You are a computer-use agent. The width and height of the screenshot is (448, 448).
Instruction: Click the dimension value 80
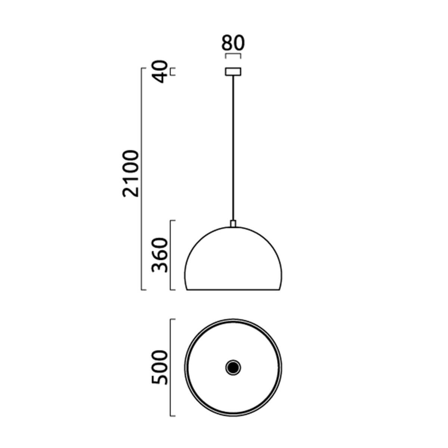[x=233, y=43]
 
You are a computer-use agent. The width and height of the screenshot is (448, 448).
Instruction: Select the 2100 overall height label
[x=132, y=173]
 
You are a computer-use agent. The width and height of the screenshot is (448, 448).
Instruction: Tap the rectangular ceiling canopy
[x=233, y=71]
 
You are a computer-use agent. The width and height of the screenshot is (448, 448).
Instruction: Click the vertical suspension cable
[x=233, y=149]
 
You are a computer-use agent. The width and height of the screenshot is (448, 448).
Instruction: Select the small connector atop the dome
[x=233, y=224]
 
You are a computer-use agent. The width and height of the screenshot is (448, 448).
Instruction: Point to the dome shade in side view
[x=233, y=261]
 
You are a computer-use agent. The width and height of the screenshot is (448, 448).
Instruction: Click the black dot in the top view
[x=233, y=368]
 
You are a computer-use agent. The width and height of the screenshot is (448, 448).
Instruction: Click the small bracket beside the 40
[x=173, y=72]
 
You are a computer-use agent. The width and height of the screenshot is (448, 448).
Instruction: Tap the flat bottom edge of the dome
[x=233, y=290]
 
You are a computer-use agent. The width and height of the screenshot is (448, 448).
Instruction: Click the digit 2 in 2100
[x=132, y=190]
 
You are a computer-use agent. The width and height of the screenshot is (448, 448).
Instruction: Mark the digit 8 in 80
[x=227, y=43]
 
